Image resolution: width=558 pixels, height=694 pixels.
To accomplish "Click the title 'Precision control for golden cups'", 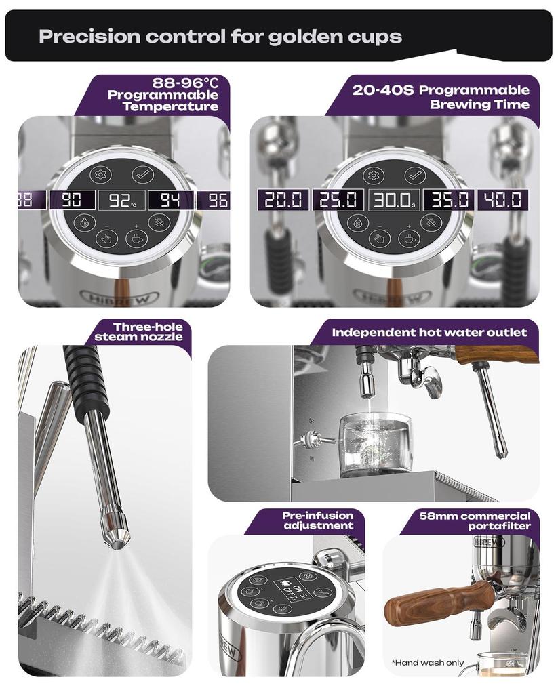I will point(220,36).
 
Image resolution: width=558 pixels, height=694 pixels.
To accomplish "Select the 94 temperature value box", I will point(170,200).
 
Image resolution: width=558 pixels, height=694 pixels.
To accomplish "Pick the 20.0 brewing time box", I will point(283,200).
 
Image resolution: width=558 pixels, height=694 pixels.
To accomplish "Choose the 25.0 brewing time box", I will point(338,200).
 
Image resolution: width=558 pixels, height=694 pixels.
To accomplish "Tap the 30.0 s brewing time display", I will point(393,200).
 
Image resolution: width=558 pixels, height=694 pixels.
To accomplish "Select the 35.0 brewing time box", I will point(448,200).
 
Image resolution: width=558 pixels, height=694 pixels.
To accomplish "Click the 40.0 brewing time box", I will point(503,200).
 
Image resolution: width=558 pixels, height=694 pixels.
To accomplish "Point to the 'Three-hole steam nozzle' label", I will point(139,331).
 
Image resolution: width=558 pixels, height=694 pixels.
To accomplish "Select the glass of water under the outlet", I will point(375,444).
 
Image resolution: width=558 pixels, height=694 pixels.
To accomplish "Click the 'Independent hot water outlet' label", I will point(429,333).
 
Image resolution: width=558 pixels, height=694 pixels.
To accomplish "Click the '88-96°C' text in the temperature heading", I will point(185,83).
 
